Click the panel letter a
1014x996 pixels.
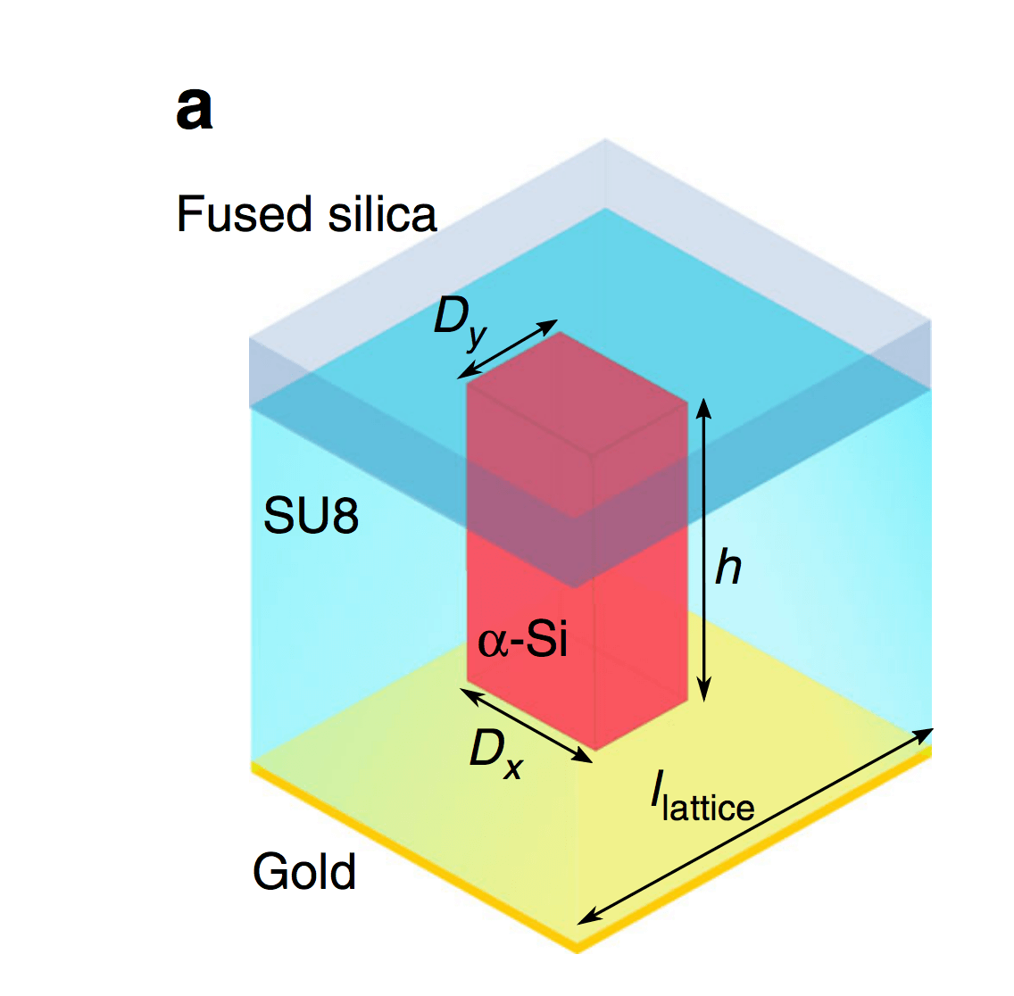click(x=195, y=111)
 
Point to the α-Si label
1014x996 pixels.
click(x=523, y=640)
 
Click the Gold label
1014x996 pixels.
click(x=304, y=872)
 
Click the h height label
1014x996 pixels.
click(x=728, y=568)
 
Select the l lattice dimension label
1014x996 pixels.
click(x=702, y=800)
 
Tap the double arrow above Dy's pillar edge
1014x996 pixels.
click(x=508, y=348)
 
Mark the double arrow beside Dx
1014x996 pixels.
click(x=528, y=725)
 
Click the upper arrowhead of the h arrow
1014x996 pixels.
click(x=704, y=406)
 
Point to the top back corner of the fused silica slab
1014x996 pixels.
click(x=605, y=140)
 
